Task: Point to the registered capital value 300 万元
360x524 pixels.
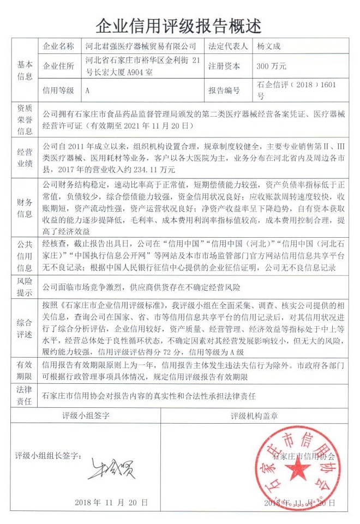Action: (x=271, y=67)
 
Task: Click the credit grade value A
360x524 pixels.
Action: (x=88, y=90)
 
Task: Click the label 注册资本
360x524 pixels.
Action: (x=224, y=67)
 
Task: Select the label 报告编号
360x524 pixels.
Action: (x=224, y=90)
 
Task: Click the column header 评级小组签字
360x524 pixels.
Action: (x=88, y=415)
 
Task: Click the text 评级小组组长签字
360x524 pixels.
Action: (x=49, y=455)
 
